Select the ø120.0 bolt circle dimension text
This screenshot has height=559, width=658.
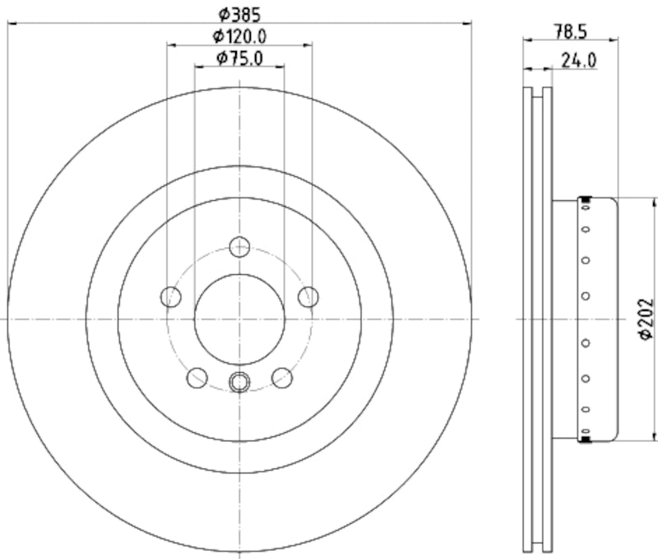pos(239,35)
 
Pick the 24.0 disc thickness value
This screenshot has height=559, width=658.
pos(579,60)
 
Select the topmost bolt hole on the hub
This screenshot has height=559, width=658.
pos(239,246)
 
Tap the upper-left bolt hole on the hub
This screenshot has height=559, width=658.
pos(171,296)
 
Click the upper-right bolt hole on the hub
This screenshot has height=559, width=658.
pos(308,296)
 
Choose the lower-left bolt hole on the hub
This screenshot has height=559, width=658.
pos(197,377)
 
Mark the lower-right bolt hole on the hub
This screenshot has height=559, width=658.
pos(282,377)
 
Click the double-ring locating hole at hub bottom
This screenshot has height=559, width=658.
pos(239,381)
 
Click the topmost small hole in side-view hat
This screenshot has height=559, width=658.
pos(586,210)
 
